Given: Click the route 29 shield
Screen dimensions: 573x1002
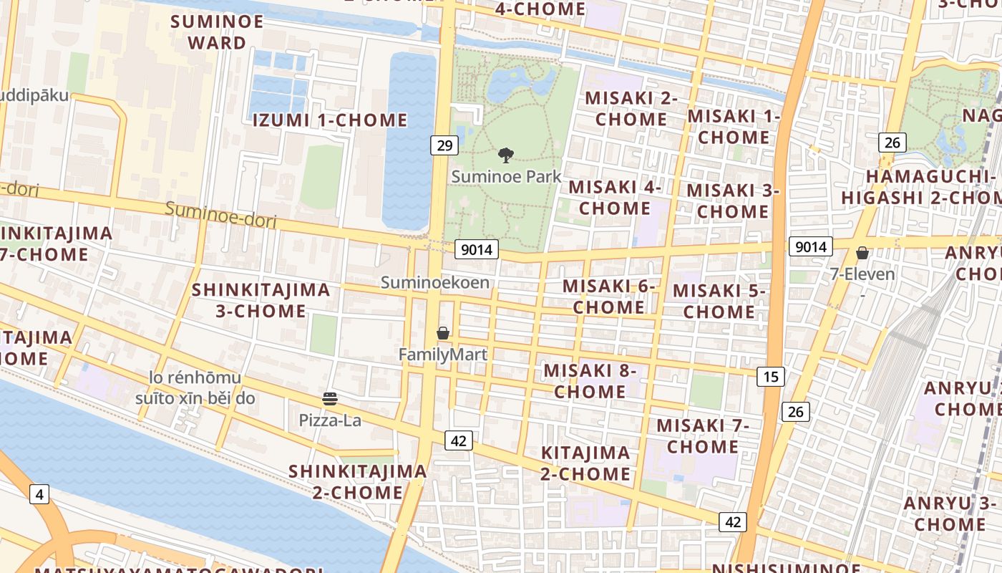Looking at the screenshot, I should (444, 145).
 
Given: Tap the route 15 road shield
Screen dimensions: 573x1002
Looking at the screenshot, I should (771, 377).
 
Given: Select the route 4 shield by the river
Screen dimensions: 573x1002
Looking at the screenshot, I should (39, 493).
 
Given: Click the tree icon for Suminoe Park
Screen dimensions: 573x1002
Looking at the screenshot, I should (506, 155).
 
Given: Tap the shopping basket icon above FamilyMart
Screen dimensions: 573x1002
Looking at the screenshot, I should (443, 333).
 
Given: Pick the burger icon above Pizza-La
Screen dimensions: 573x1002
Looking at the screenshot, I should (330, 399).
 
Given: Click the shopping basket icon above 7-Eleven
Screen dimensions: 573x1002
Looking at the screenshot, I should (862, 253).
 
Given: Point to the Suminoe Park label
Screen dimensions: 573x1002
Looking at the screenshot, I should (507, 176).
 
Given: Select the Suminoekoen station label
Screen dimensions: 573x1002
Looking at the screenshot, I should (435, 282).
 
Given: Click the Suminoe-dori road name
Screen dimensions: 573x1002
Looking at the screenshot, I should (220, 215).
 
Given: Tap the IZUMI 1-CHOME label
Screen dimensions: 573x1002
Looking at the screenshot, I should (330, 120).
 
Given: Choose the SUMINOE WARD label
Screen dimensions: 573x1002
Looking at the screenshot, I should (217, 32).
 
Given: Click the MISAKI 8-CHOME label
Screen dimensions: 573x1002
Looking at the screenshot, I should (590, 381).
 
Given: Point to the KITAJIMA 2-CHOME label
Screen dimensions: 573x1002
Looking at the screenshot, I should (585, 463).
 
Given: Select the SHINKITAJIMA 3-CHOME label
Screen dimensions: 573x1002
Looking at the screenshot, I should (261, 300).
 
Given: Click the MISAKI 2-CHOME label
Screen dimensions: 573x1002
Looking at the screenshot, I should (631, 109).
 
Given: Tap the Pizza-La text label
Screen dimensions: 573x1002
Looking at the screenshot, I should (330, 420).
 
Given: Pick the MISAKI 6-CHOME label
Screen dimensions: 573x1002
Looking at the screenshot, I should (609, 297).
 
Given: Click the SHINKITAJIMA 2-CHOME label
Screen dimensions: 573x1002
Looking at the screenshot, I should (358, 481).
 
